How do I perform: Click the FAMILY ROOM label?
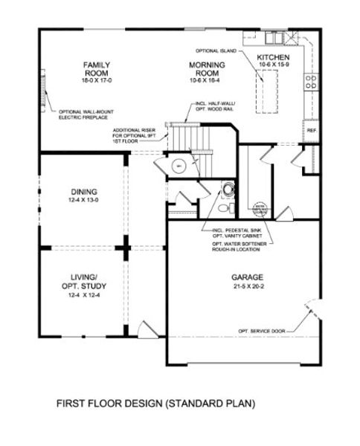[97, 68]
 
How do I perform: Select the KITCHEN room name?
[274, 57]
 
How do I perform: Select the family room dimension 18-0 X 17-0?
[97, 80]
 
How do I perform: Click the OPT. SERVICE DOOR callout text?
[260, 329]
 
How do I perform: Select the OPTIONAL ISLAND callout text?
[216, 51]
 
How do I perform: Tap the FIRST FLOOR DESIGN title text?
[155, 405]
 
